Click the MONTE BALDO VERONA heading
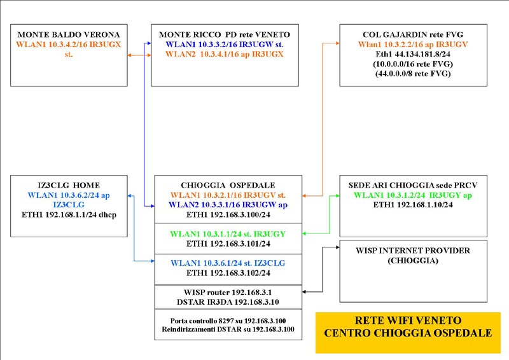pyautogui.click(x=69, y=34)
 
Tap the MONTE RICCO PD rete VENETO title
pyautogui.click(x=225, y=34)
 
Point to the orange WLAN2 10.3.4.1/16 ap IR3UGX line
pyautogui.click(x=225, y=54)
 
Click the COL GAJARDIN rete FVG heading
pyautogui.click(x=413, y=34)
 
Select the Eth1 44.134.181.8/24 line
pyautogui.click(x=413, y=54)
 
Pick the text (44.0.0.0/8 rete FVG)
pyautogui.click(x=413, y=74)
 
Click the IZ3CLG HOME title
pyautogui.click(x=69, y=185)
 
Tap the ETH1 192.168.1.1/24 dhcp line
pyautogui.click(x=69, y=214)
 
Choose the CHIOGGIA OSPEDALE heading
pyautogui.click(x=228, y=185)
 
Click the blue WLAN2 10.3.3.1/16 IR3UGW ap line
pyautogui.click(x=228, y=205)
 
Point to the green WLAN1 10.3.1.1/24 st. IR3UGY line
pyautogui.click(x=228, y=234)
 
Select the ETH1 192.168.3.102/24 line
pyautogui.click(x=228, y=273)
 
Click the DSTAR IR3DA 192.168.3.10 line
pyautogui.click(x=228, y=302)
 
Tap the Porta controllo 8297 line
pyautogui.click(x=228, y=321)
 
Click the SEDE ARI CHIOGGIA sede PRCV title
pyautogui.click(x=413, y=185)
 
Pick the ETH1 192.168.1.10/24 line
pyautogui.click(x=413, y=205)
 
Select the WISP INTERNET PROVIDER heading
pyautogui.click(x=413, y=251)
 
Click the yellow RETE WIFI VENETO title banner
pyautogui.click(x=408, y=333)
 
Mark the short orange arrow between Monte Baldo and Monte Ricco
pyautogui.click(x=139, y=55)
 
